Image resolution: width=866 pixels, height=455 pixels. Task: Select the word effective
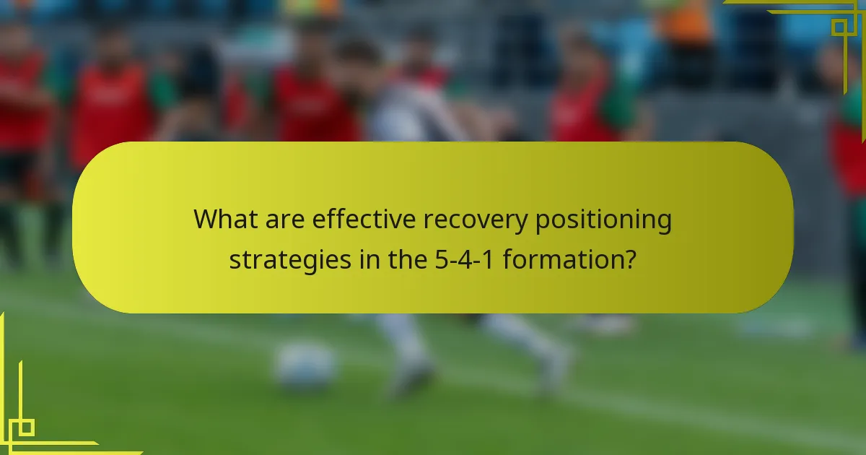point(364,220)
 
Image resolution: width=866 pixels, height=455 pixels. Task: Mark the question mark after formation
point(629,259)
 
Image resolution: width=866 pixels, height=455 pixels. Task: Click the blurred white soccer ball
point(306,365)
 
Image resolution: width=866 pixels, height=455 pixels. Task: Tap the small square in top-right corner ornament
point(839,27)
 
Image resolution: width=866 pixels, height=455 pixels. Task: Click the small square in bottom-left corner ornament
point(26,428)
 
